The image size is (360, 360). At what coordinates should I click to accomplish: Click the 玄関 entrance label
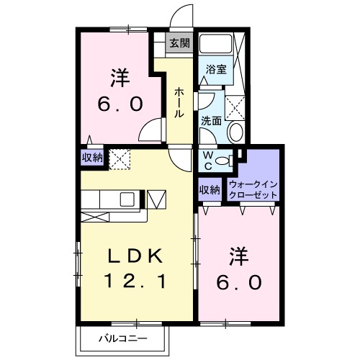[x=180, y=43]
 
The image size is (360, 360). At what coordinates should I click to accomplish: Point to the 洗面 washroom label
[x=212, y=121]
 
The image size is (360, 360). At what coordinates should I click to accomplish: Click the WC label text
[x=207, y=159]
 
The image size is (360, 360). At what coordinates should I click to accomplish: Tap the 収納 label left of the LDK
[x=91, y=156]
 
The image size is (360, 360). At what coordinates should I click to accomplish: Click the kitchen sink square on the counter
[x=126, y=199]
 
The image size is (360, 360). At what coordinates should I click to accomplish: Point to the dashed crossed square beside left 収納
[x=118, y=156]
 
